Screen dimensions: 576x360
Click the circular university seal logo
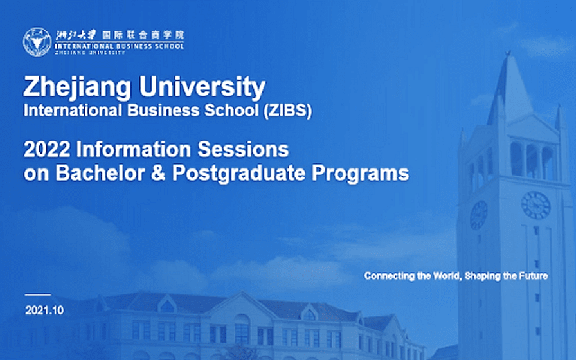point(37,42)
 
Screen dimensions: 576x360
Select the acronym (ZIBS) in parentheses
point(287,111)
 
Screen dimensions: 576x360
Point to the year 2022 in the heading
point(47,150)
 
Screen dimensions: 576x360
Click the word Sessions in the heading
point(243,150)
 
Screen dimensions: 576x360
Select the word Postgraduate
point(239,174)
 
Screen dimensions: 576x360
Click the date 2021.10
point(44,310)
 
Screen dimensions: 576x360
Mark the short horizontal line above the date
point(38,294)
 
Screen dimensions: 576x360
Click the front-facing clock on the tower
point(536,205)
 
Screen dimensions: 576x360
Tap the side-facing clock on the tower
point(479,215)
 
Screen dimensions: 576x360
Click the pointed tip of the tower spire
point(508,52)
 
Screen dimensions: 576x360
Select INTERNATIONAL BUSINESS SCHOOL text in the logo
point(119,46)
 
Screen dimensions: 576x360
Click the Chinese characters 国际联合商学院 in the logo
point(143,35)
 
